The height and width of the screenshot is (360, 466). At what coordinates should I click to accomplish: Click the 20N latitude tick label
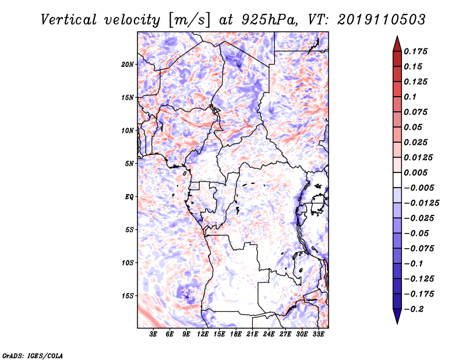point(128,65)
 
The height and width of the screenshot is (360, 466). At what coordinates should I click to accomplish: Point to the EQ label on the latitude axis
point(129,197)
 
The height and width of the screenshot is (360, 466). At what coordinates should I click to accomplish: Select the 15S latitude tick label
point(128,296)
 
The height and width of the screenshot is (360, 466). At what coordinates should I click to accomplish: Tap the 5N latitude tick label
point(129,164)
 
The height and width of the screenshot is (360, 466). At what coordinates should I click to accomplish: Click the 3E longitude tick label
point(153,334)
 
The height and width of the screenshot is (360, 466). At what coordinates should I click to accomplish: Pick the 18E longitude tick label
point(236,334)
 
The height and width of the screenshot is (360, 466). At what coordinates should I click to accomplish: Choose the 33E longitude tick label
point(318,334)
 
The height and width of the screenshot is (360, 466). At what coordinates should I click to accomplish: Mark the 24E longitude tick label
point(269,334)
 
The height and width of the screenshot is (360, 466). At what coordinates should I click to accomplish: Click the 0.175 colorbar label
point(415,51)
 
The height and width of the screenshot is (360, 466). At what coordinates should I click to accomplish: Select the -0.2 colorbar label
point(414,309)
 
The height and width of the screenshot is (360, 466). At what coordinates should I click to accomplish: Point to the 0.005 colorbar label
point(415,172)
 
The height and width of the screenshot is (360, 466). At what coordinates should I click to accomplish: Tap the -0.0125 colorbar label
point(421,203)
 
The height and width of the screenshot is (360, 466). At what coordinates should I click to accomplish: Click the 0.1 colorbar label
point(410,97)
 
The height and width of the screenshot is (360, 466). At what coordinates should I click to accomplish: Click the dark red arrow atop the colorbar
point(397,44)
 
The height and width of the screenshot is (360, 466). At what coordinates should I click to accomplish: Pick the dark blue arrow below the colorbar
point(397,316)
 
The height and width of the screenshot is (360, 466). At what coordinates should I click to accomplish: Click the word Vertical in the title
point(69,20)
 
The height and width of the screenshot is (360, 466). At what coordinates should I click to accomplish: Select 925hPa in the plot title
point(270,20)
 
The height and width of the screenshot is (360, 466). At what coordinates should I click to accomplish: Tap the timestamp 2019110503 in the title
point(382,20)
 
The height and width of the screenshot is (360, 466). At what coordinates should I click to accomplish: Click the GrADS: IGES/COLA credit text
point(33,355)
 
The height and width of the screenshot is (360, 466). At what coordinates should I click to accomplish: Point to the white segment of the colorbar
point(397,180)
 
